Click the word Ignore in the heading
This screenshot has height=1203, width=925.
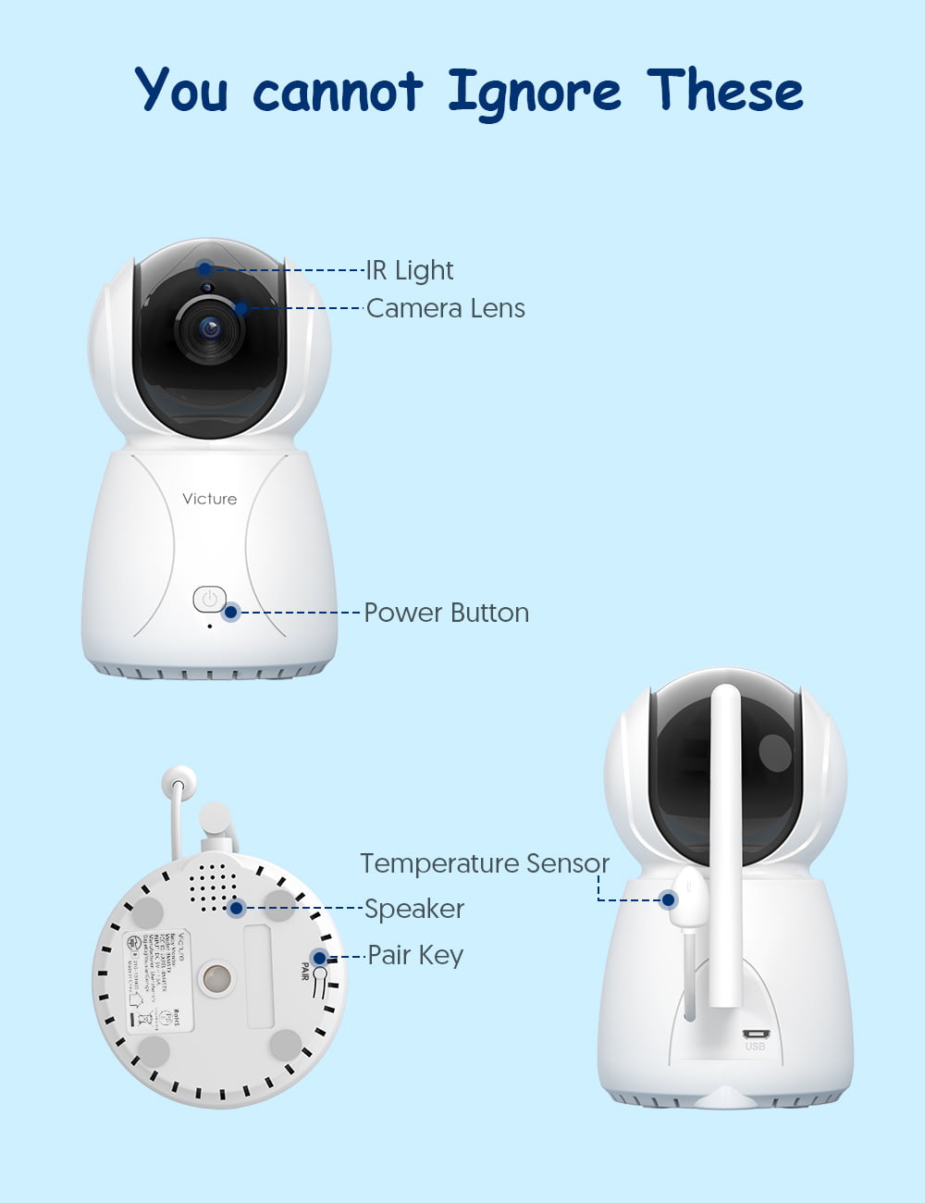click(x=534, y=93)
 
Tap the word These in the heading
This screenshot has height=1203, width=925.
click(x=724, y=91)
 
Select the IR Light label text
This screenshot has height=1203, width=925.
click(x=410, y=270)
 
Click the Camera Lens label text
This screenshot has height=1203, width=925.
click(x=445, y=308)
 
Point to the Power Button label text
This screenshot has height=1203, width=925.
click(x=446, y=613)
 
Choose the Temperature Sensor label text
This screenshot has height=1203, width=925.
click(x=485, y=863)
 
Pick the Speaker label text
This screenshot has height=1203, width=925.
click(x=414, y=909)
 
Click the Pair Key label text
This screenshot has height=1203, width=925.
click(x=415, y=955)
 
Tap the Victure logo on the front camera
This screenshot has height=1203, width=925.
click(x=210, y=499)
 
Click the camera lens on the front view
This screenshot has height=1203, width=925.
click(x=210, y=328)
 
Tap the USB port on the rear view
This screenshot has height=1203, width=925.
click(x=755, y=1034)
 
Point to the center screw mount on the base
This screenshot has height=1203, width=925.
click(x=217, y=979)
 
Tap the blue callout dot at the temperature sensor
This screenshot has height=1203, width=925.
click(x=668, y=899)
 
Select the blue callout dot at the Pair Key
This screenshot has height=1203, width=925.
click(x=319, y=958)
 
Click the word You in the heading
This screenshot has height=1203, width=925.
click(x=182, y=91)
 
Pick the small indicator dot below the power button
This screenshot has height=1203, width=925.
click(x=210, y=626)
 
